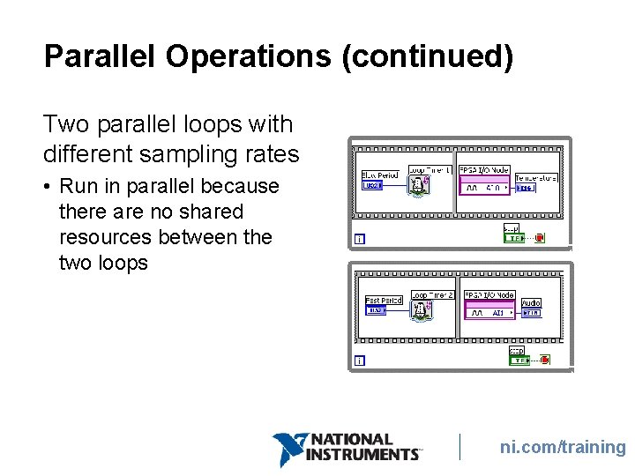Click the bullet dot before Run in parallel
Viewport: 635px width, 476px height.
49,187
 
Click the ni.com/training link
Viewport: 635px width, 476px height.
563,447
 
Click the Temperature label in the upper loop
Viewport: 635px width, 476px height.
536,177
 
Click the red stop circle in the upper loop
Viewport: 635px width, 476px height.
539,237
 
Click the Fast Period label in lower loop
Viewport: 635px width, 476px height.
384,301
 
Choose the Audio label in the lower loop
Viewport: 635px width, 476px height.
531,302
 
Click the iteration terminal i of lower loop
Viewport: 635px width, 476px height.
359,360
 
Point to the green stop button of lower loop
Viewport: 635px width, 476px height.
519,360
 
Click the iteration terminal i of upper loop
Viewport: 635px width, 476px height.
359,238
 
